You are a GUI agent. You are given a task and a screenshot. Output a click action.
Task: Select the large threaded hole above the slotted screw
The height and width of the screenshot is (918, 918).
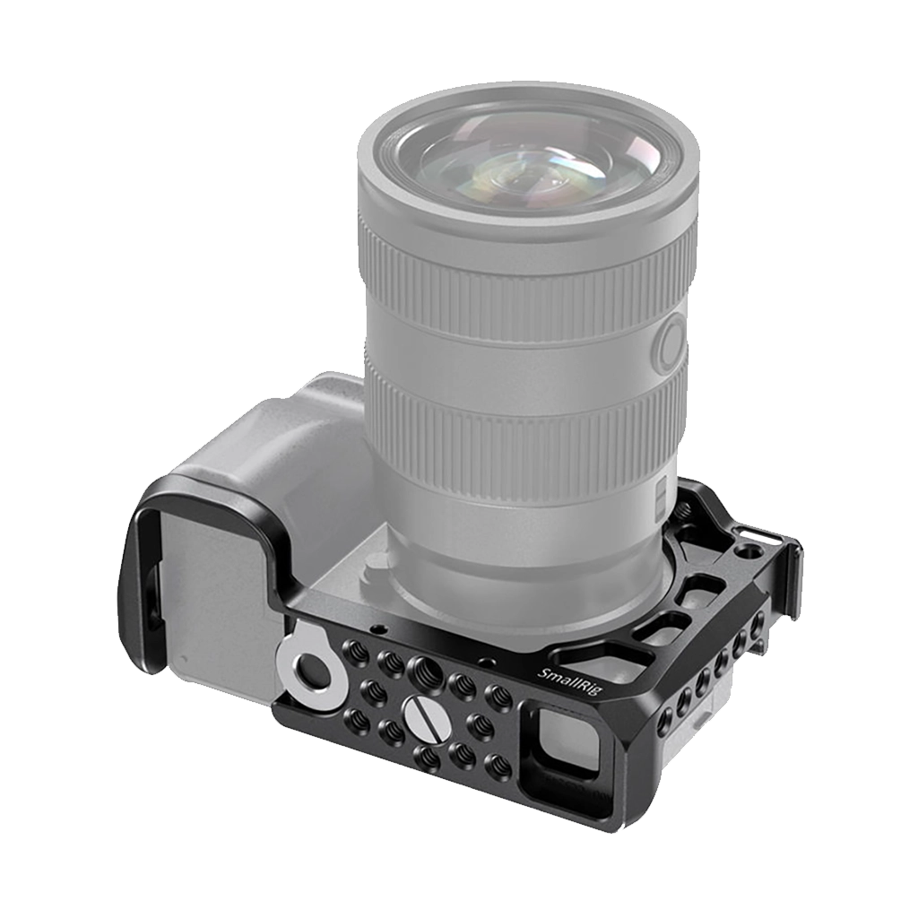tap(423, 667)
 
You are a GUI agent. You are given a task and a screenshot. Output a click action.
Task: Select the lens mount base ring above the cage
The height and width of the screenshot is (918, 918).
tap(529, 574)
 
